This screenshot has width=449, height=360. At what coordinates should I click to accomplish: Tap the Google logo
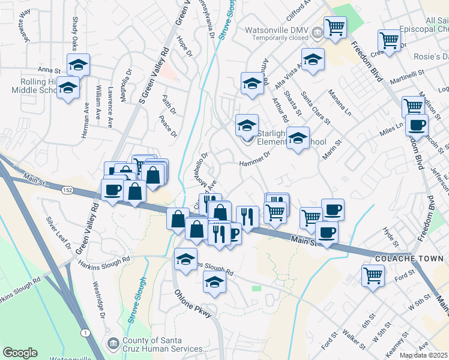coord(20,353)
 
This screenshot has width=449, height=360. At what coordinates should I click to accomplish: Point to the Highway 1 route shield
coord(86,332)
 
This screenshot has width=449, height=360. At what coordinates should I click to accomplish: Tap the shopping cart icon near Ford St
coord(373,276)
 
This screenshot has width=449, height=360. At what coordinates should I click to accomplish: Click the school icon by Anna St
coord(78,64)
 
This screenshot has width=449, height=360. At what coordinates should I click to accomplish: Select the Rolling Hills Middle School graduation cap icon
coord(68,88)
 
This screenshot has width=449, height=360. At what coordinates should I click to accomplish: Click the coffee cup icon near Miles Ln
coord(417,125)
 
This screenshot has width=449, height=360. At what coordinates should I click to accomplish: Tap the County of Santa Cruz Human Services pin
coord(112,343)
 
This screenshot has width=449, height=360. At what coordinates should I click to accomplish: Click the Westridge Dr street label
coord(98,303)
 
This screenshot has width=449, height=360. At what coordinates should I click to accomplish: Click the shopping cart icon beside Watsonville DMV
coord(334,26)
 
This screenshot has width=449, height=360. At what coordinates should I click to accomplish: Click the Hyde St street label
coord(394,239)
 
